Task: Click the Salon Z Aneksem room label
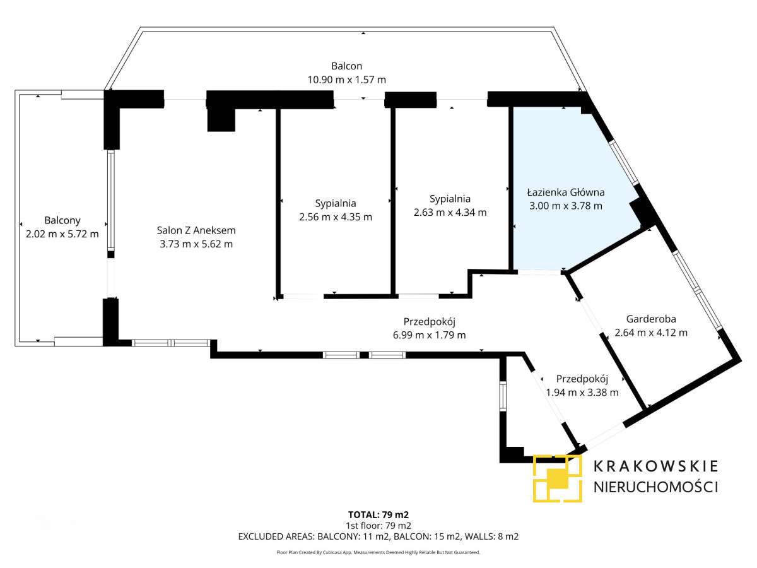coord(196,231)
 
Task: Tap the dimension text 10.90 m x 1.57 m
coord(346,80)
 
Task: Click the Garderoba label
coord(650,319)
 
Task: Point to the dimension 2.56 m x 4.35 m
coord(336,217)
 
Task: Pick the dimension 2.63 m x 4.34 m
coord(450,213)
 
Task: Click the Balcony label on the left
coord(62,221)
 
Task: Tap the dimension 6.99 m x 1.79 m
coord(429,335)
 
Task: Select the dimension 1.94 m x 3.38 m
coord(582,392)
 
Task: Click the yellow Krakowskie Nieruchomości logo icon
coord(557,478)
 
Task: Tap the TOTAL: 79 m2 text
coord(378,514)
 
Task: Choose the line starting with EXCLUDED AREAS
coord(378,536)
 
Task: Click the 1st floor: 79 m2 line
coord(378,525)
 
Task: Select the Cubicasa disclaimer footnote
coord(378,552)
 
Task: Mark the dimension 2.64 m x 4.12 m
coord(650,333)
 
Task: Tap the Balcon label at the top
coord(346,66)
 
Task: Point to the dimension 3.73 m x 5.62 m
coord(196,244)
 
